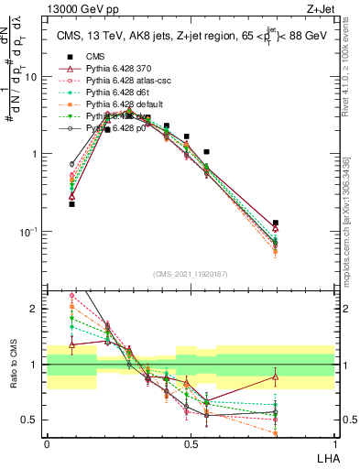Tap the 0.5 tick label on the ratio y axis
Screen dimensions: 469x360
pos(31,420)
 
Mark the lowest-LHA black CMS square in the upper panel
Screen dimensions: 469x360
pos(71,204)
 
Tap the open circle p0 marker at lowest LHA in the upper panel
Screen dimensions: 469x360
pos(71,164)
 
